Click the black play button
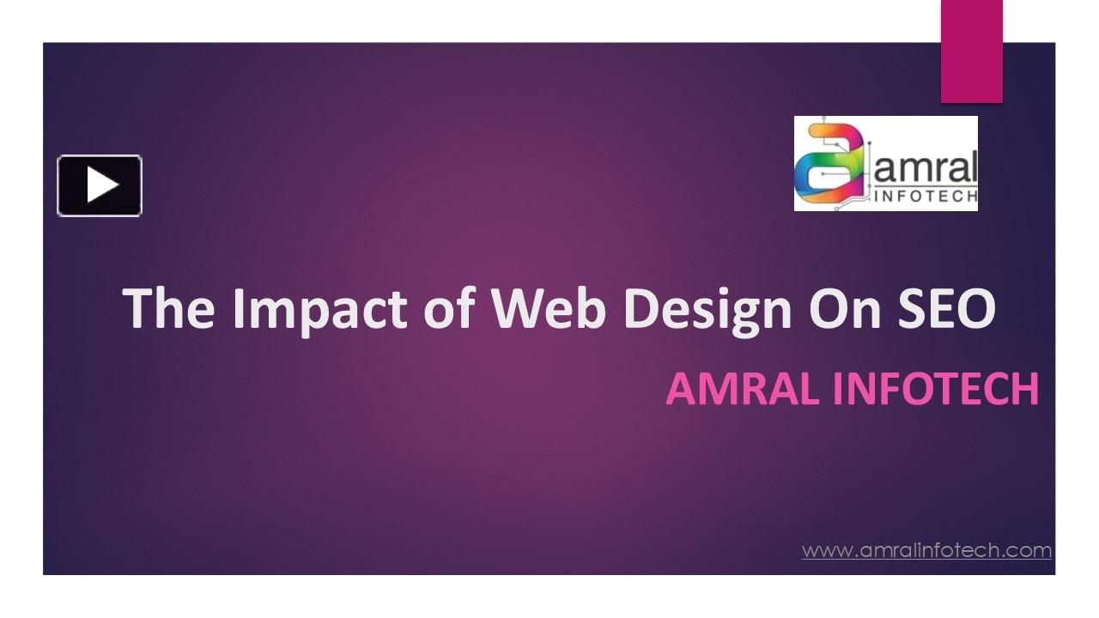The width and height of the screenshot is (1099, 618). click(x=100, y=185)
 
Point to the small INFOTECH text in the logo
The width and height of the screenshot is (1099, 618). click(x=926, y=197)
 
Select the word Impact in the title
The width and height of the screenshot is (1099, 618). click(x=321, y=309)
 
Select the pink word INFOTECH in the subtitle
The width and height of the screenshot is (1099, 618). click(x=936, y=389)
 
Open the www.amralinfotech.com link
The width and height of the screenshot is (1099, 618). click(x=926, y=550)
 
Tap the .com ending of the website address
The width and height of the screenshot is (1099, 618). click(x=1028, y=550)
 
